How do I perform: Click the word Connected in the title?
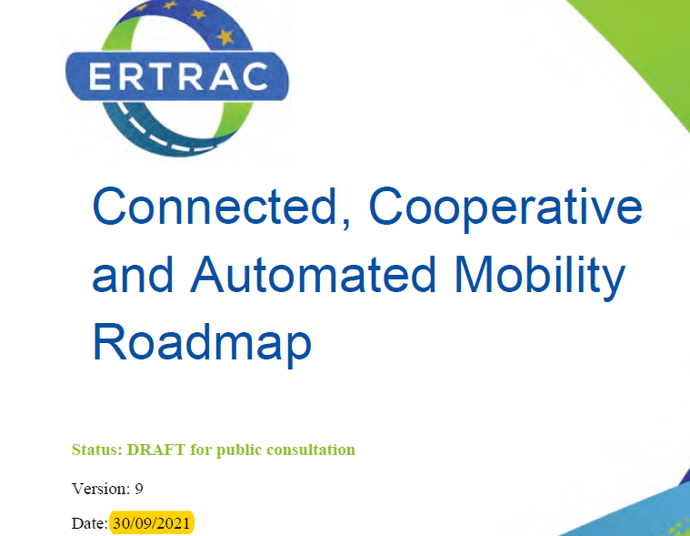point(215,207)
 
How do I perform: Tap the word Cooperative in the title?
point(505,209)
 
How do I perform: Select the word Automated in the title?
point(313,274)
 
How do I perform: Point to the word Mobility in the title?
point(539,278)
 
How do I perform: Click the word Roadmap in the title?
point(202,345)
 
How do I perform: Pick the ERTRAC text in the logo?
point(178,76)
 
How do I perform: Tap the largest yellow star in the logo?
point(225,37)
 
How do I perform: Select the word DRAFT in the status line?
point(155,450)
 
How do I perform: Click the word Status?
point(96,450)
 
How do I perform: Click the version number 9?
point(138,489)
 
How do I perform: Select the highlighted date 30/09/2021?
point(152,522)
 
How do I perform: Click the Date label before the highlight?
point(90,523)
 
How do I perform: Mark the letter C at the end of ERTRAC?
point(255,76)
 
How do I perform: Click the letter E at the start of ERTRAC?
point(99,76)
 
